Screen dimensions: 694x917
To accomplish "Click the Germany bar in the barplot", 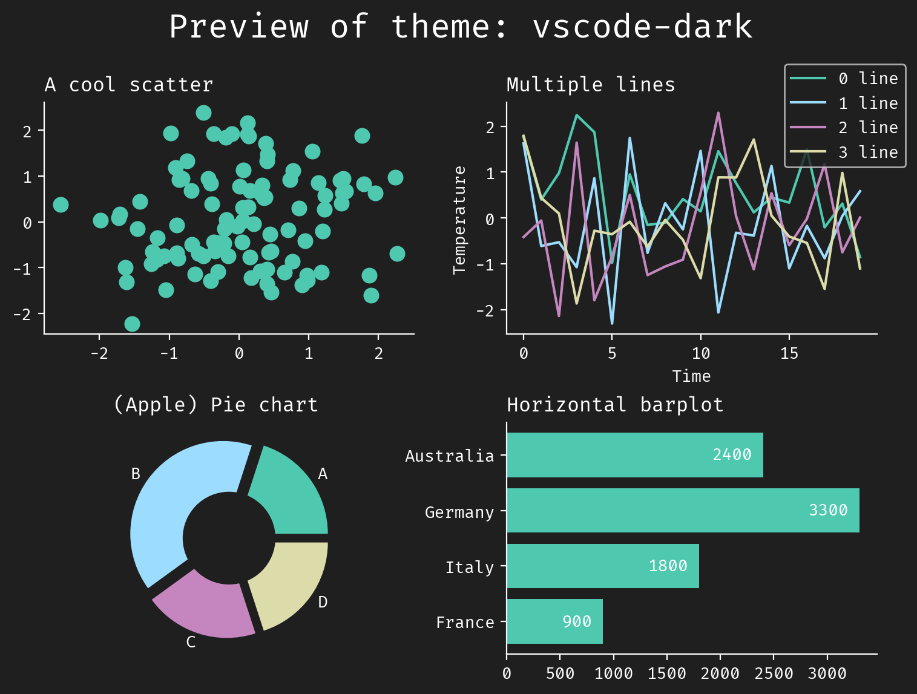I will (x=683, y=511).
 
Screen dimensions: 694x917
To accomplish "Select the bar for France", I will (x=554, y=621).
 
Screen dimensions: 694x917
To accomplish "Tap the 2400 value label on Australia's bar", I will (x=732, y=454).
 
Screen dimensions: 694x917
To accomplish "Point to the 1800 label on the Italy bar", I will (x=668, y=566).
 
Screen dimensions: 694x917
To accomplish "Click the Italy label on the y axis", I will (x=469, y=568).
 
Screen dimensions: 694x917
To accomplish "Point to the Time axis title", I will (x=691, y=376).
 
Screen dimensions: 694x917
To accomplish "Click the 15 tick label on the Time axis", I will (x=789, y=353).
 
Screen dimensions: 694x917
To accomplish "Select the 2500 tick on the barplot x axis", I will (x=774, y=674).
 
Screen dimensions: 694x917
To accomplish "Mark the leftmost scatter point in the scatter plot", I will (x=61, y=205).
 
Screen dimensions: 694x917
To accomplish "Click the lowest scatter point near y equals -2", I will (x=132, y=324).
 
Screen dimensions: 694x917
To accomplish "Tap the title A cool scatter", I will (x=129, y=85).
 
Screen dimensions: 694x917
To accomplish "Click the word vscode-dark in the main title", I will (x=642, y=27).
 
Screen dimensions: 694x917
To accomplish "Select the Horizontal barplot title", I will (x=615, y=405).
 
